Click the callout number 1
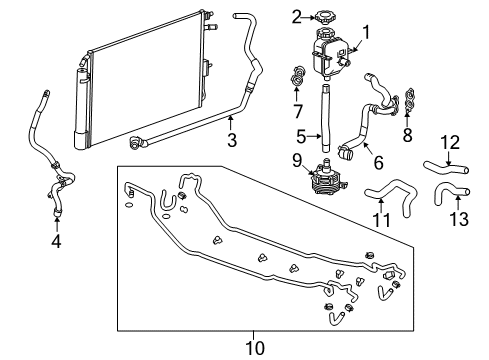coord(365,31)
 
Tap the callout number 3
coord(232,140)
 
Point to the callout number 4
coord(56,241)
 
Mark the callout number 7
coord(298,108)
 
